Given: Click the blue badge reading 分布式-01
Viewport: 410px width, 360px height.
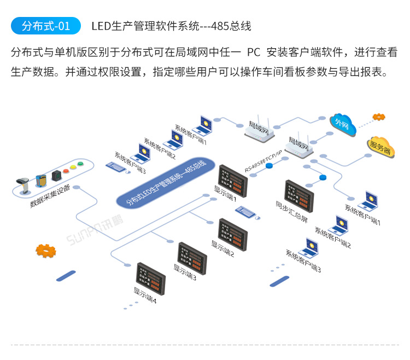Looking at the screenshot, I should point(45,26).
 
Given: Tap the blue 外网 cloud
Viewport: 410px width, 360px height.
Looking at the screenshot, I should point(342,126).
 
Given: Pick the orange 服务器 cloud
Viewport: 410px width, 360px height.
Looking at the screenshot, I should point(380,146).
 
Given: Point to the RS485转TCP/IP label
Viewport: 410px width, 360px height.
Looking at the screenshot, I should point(263,161).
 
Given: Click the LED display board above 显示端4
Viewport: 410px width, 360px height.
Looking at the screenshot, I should point(150,277).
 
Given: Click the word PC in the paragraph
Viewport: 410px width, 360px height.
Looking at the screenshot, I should point(253,53).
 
